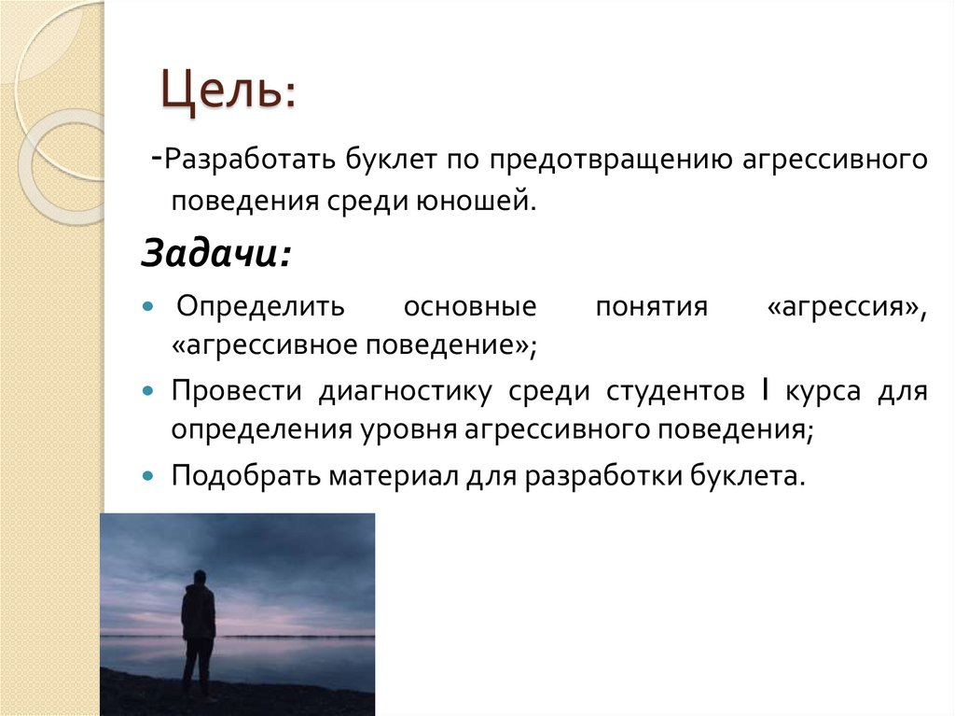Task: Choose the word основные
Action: pos(470,306)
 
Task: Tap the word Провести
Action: pos(236,392)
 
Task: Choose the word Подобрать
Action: pos(244,475)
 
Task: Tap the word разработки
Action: pos(603,475)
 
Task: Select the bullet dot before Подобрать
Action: pos(149,475)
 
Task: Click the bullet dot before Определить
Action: pos(149,307)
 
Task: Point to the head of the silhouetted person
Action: pos(198,578)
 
